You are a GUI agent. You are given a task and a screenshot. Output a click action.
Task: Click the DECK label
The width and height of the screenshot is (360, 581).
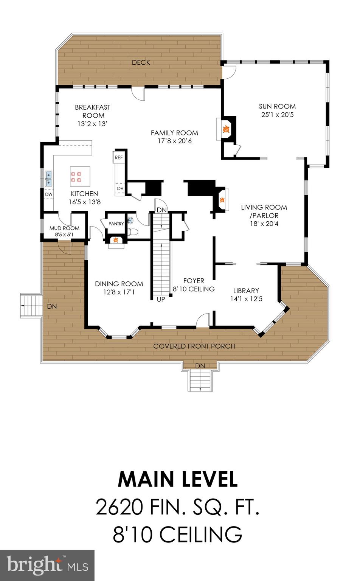(141, 62)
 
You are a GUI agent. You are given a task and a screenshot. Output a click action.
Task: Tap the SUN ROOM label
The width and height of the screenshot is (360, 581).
(277, 106)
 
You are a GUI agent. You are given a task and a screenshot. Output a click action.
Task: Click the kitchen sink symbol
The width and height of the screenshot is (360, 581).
(49, 179)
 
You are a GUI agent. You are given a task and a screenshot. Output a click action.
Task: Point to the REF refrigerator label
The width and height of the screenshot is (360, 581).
(118, 157)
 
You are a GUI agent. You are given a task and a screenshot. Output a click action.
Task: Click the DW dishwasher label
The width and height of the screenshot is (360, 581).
(48, 194)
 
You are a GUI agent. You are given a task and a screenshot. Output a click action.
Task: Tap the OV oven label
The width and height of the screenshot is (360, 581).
(120, 188)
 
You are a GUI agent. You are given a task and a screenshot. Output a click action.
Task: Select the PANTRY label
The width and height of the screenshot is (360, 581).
(116, 224)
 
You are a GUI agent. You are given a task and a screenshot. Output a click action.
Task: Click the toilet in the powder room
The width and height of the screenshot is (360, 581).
(132, 232)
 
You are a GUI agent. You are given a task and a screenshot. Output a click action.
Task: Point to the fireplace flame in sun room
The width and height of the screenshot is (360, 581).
(227, 130)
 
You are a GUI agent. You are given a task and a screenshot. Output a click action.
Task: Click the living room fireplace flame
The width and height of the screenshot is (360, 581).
(223, 199)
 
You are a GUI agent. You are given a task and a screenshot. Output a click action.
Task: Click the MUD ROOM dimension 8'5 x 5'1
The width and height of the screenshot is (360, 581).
(64, 235)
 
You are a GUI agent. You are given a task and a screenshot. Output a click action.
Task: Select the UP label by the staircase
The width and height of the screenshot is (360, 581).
(161, 299)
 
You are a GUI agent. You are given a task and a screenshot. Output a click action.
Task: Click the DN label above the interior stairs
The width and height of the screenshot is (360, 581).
(161, 210)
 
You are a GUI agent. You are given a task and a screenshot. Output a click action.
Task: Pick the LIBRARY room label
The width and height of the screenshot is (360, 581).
(246, 290)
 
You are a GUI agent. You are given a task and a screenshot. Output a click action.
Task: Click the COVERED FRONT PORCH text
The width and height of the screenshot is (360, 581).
(194, 346)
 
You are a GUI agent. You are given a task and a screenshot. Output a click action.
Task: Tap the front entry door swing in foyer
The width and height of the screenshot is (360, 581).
(203, 320)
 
